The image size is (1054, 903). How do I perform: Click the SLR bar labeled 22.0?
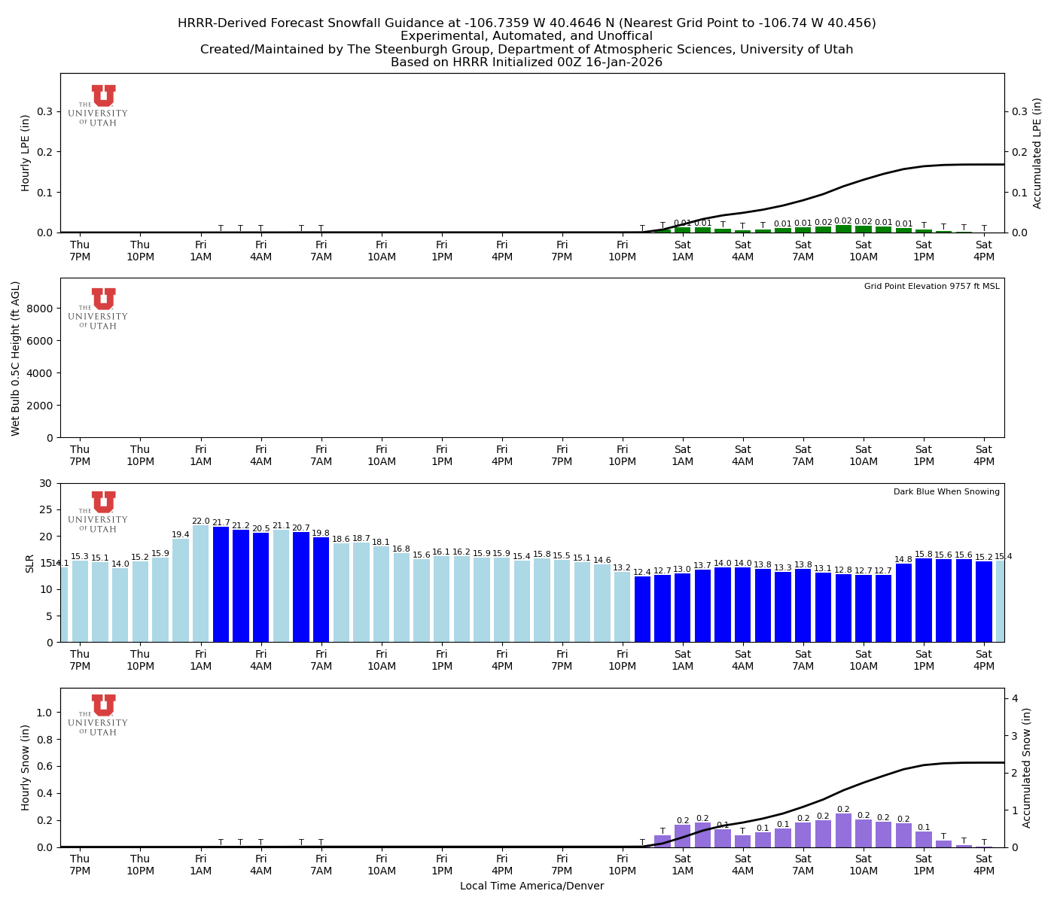(x=200, y=584)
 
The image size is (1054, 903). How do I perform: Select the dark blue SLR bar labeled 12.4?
(x=642, y=609)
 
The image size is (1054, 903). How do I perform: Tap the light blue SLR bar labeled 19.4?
(x=181, y=590)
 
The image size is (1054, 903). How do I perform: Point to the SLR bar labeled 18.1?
(x=381, y=594)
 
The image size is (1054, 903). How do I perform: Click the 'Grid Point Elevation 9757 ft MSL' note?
(x=931, y=287)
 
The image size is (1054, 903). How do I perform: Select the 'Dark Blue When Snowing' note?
(x=946, y=492)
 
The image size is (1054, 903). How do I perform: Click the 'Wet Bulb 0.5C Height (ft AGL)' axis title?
(x=16, y=358)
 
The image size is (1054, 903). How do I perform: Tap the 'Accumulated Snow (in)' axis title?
(x=1027, y=768)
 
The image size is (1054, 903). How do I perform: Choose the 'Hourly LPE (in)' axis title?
(x=26, y=153)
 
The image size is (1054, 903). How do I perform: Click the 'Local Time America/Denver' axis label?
(x=532, y=886)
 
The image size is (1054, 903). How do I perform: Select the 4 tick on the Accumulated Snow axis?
(x=1015, y=699)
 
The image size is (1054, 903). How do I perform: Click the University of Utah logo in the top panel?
(x=103, y=105)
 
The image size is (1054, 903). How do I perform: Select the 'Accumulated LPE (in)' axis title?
(x=1037, y=153)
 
